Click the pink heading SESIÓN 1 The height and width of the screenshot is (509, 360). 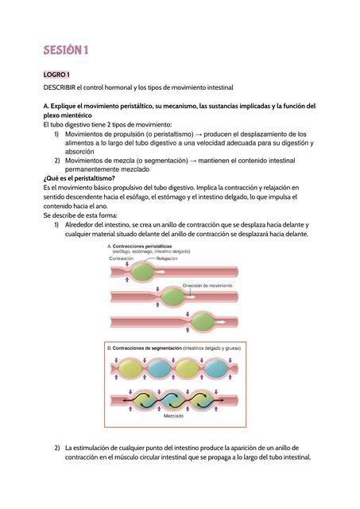(x=66, y=51)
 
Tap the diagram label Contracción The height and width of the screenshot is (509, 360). (x=121, y=258)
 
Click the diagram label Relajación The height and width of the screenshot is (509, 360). (x=167, y=258)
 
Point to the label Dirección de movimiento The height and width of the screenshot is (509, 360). (x=207, y=285)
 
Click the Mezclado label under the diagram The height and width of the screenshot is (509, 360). (x=174, y=416)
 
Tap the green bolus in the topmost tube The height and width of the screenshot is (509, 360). (x=141, y=272)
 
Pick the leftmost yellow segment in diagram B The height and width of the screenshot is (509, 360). (x=129, y=369)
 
